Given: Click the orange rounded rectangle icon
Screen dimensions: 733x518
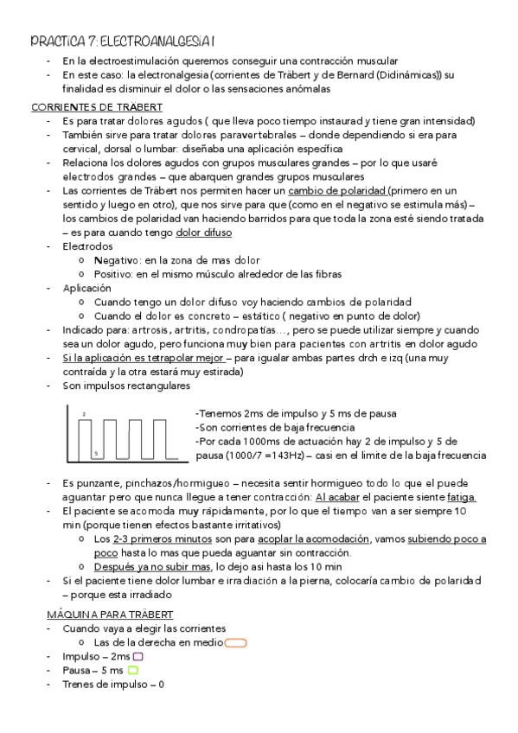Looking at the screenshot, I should [x=235, y=642].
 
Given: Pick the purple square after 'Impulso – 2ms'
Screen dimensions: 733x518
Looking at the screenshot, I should [x=137, y=656].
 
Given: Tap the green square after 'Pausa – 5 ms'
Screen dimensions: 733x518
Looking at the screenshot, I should [x=132, y=670].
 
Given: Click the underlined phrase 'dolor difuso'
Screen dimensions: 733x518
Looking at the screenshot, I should [x=204, y=232].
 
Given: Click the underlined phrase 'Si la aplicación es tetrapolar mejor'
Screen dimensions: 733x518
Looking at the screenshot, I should [x=144, y=358].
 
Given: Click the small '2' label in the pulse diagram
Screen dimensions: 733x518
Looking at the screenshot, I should [x=84, y=415].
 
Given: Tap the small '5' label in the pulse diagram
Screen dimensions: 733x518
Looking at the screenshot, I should [x=95, y=452].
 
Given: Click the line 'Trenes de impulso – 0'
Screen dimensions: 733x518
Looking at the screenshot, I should [x=113, y=684].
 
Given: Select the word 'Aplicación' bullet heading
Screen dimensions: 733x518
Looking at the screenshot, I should [x=86, y=288].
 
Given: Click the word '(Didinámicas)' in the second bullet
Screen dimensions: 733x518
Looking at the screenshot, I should [x=399, y=75].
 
